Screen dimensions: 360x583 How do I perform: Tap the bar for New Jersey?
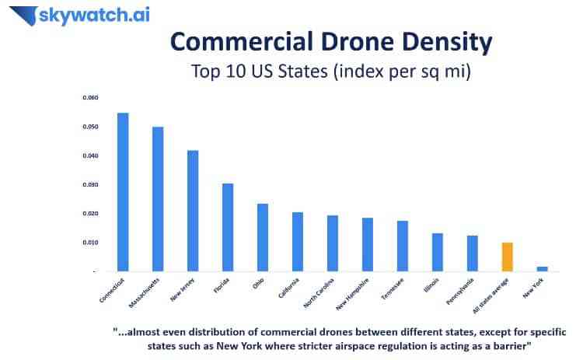(x=193, y=211)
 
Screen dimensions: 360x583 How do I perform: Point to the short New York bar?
(x=542, y=268)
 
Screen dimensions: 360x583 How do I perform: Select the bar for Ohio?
(x=263, y=237)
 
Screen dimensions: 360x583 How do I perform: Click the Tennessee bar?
(x=402, y=246)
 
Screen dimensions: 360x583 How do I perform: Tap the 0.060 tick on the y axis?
(x=92, y=98)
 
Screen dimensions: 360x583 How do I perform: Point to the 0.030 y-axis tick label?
(x=92, y=184)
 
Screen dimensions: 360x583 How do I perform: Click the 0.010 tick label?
(x=92, y=242)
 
